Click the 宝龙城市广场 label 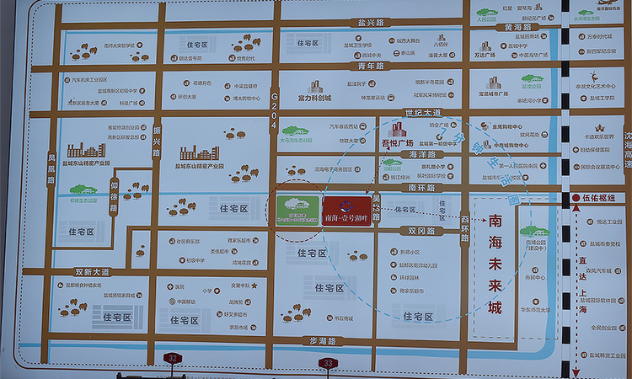(x=493, y=94)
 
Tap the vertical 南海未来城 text (x=495, y=264)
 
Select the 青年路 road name (x=371, y=65)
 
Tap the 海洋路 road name (x=420, y=155)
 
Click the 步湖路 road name (x=322, y=340)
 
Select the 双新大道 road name (x=92, y=271)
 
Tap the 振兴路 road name (x=157, y=137)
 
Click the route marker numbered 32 (x=173, y=359)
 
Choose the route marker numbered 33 (x=327, y=363)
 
